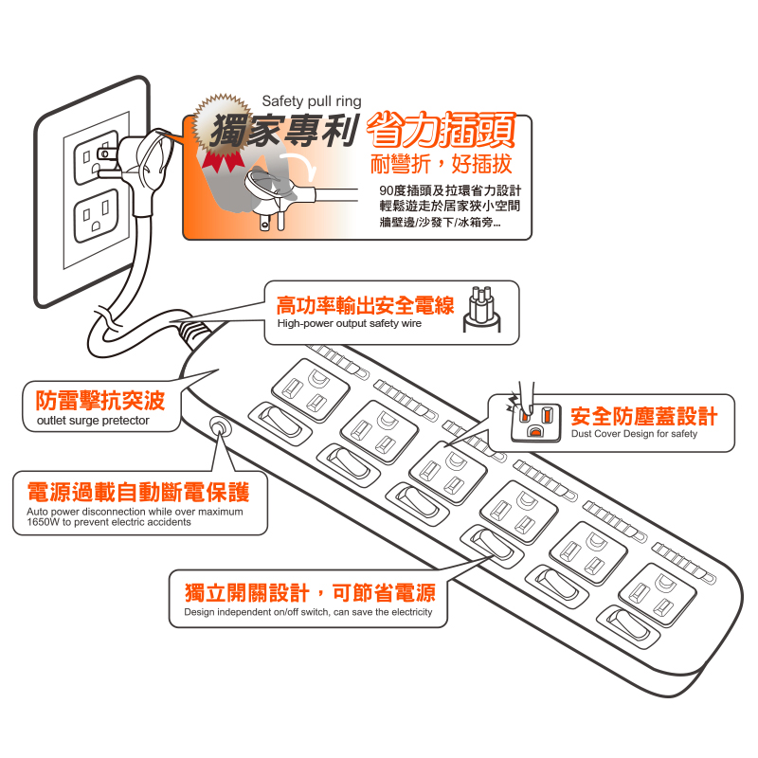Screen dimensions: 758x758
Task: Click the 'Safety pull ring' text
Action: pyautogui.click(x=312, y=101)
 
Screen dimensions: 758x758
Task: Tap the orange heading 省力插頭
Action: pyautogui.click(x=441, y=130)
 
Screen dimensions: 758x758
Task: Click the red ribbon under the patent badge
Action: pyautogui.click(x=224, y=160)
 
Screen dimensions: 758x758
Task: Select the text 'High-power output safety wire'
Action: pyautogui.click(x=349, y=323)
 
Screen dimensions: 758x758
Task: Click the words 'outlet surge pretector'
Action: pyautogui.click(x=93, y=421)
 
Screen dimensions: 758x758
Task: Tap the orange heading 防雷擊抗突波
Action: pyautogui.click(x=100, y=400)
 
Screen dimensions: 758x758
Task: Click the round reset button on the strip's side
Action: pyautogui.click(x=219, y=428)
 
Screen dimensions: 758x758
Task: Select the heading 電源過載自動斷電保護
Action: pyautogui.click(x=138, y=492)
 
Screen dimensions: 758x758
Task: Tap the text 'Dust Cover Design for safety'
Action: pyautogui.click(x=634, y=434)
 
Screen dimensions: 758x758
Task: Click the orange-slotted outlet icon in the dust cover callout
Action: pyautogui.click(x=535, y=422)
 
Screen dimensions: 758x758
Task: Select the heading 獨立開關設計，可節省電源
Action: pyautogui.click(x=310, y=593)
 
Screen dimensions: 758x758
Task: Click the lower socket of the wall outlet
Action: pyautogui.click(x=97, y=215)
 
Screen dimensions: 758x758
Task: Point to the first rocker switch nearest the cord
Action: pyautogui.click(x=280, y=423)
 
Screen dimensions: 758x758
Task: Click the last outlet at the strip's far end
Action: pyautogui.click(x=658, y=595)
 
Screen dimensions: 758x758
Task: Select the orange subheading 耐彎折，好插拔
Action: pyautogui.click(x=441, y=164)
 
